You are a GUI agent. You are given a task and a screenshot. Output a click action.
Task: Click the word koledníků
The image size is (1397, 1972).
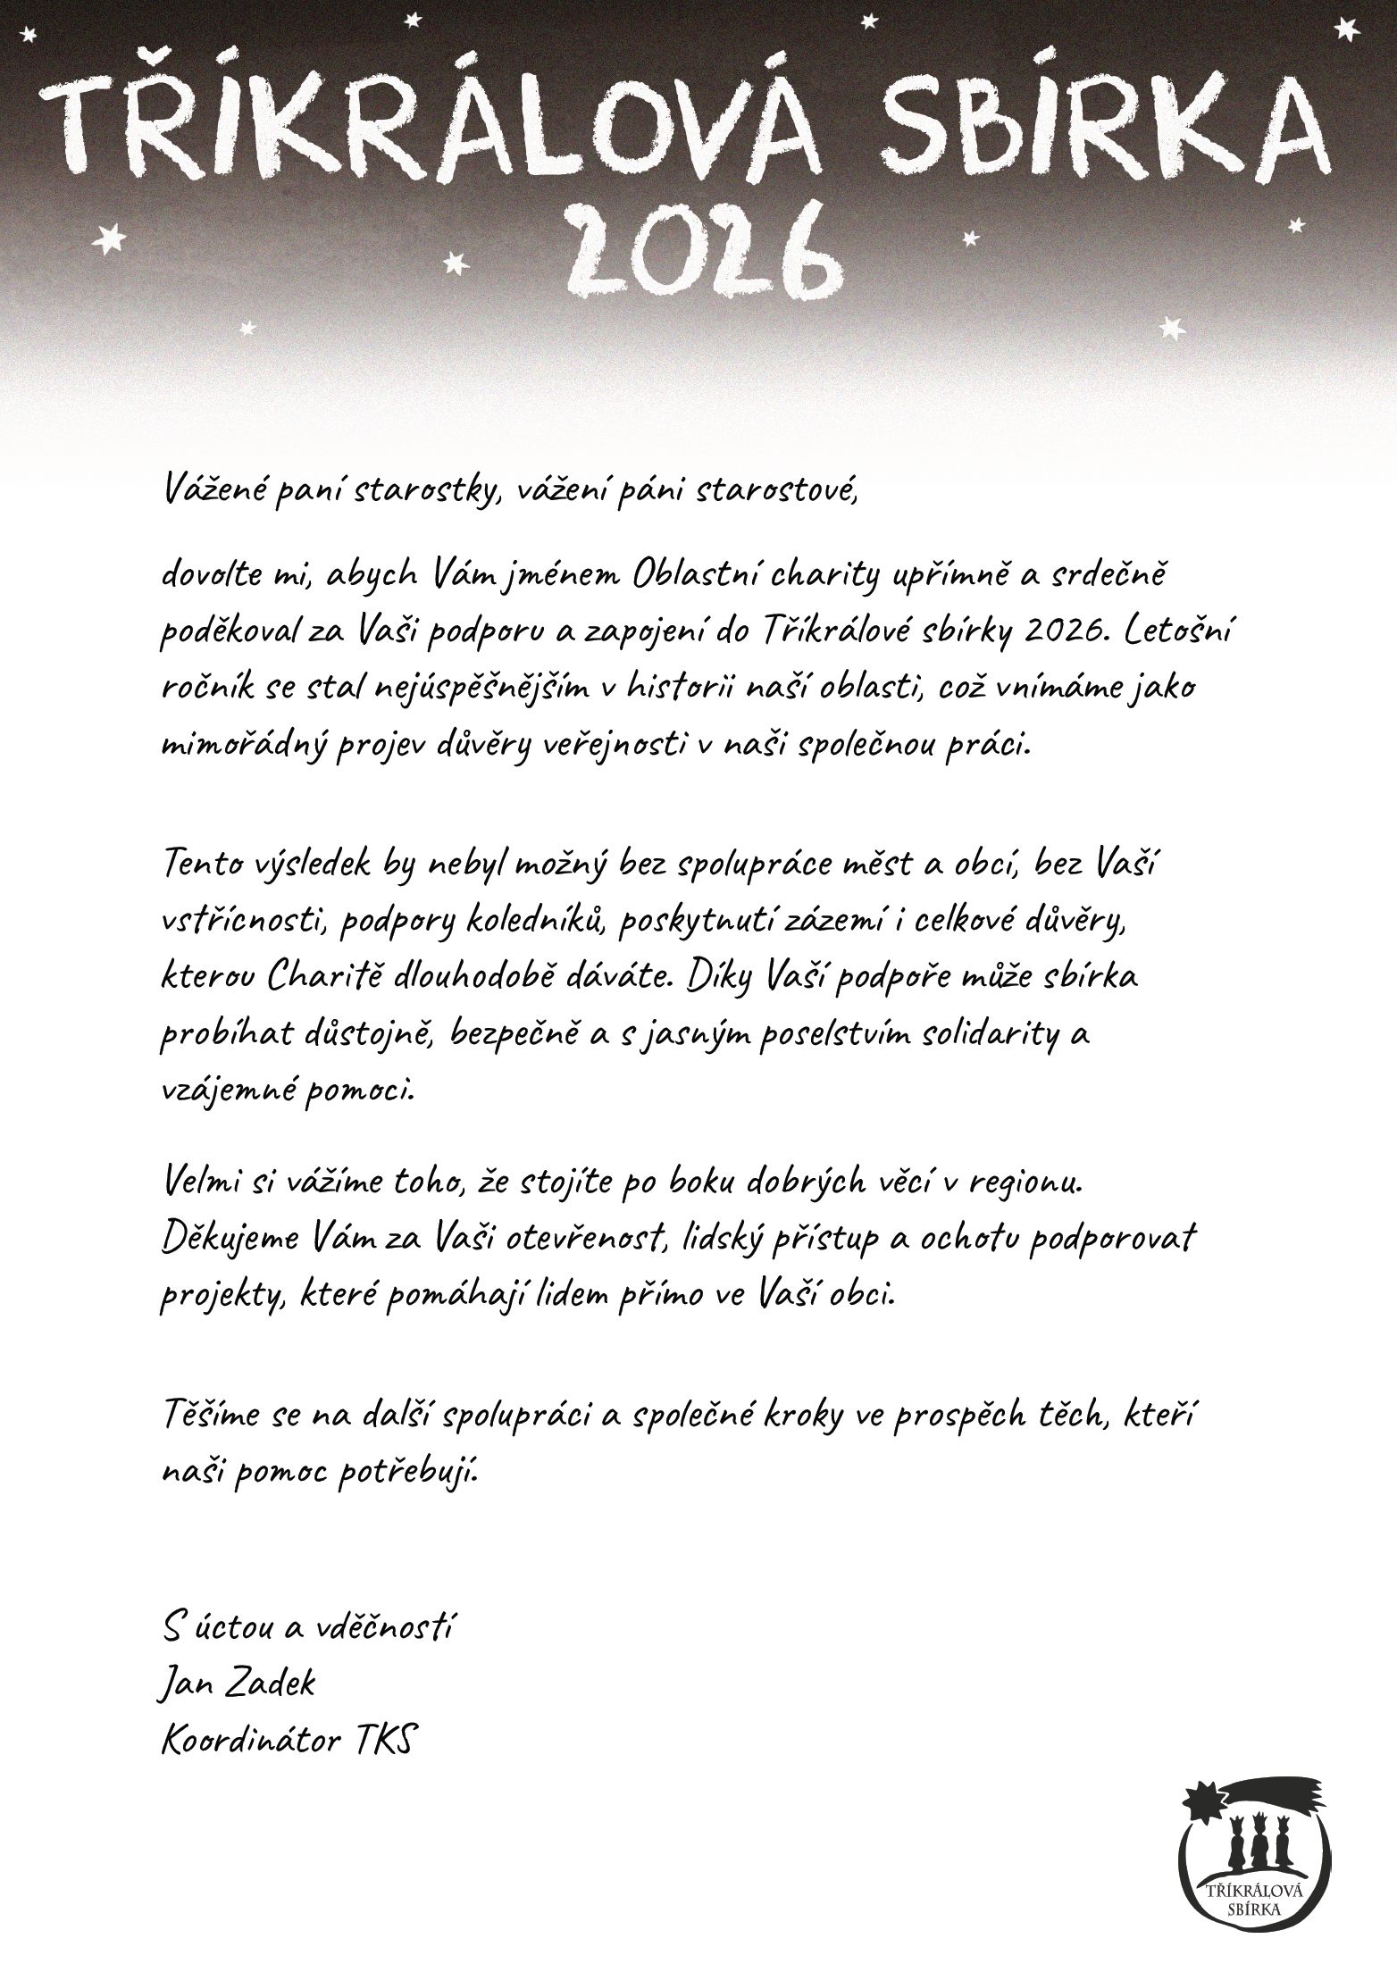[x=536, y=921]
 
